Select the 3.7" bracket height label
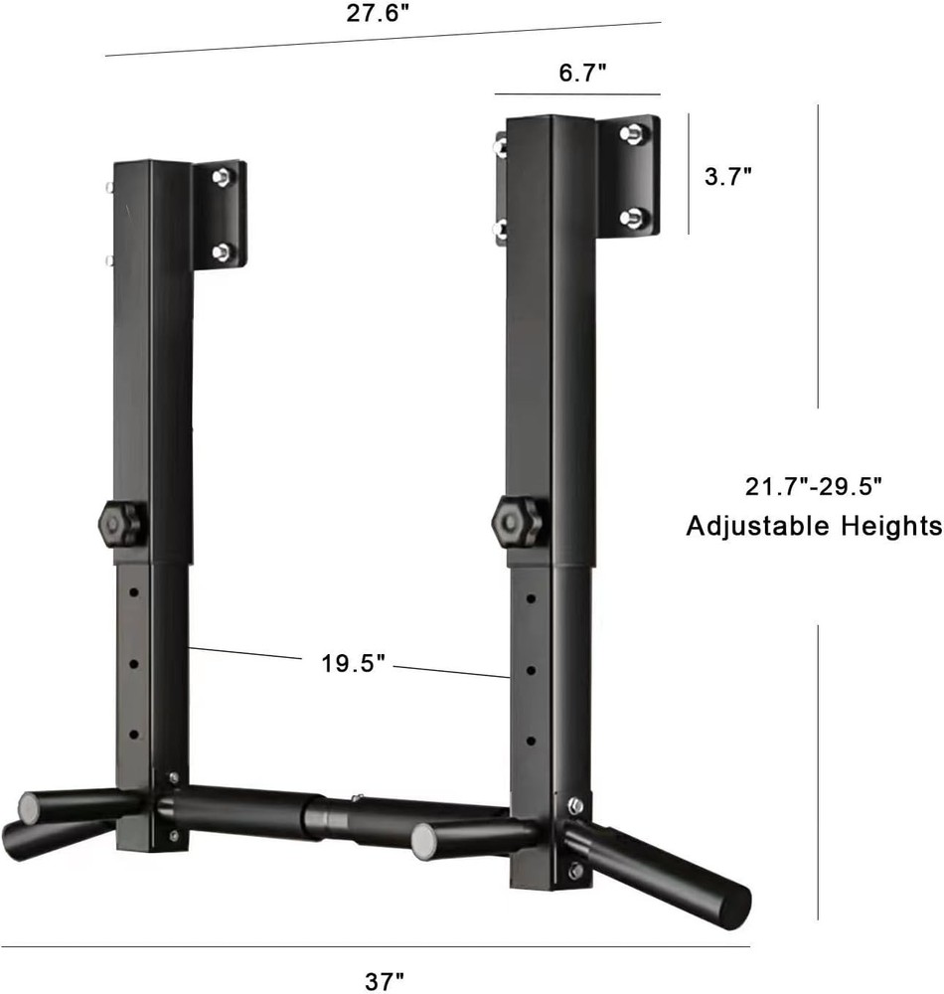(727, 176)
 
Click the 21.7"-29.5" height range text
(814, 487)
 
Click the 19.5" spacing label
(353, 664)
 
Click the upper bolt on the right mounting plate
(630, 133)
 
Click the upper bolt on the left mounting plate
(223, 177)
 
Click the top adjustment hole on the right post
(531, 599)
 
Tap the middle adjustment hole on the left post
(134, 660)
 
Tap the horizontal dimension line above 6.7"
(577, 94)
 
